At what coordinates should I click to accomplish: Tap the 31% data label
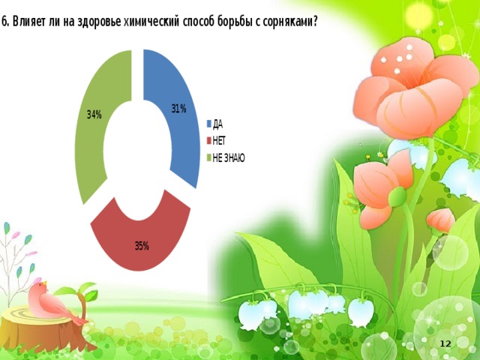(178, 109)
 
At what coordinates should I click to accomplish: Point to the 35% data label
(142, 246)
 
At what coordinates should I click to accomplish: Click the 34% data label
(94, 115)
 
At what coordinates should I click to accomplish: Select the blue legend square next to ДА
(209, 124)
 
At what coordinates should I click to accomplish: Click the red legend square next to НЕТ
(209, 141)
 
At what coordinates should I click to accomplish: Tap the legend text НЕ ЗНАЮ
(229, 158)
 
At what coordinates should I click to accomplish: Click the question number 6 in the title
(4, 22)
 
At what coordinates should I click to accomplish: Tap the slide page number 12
(445, 343)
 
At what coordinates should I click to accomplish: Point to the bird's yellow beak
(45, 283)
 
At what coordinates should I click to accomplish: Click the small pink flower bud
(441, 220)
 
